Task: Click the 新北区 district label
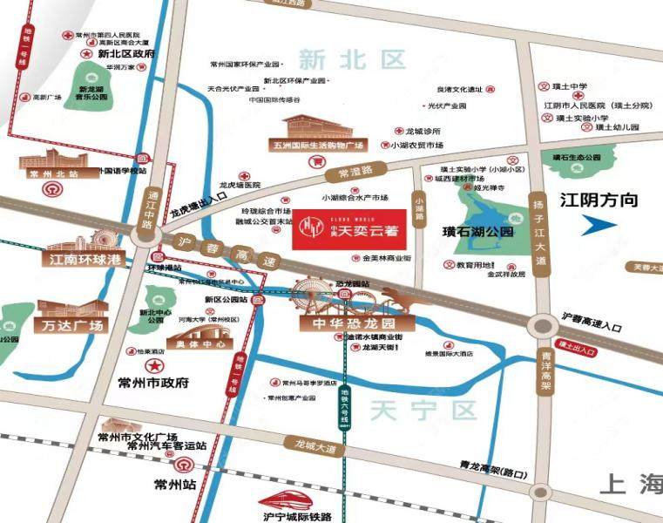[x=352, y=60]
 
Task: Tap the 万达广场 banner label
[x=71, y=326]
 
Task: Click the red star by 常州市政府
[x=154, y=363]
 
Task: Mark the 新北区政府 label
[x=126, y=54]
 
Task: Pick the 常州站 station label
[x=173, y=484]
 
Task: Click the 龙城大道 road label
[x=315, y=448]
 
